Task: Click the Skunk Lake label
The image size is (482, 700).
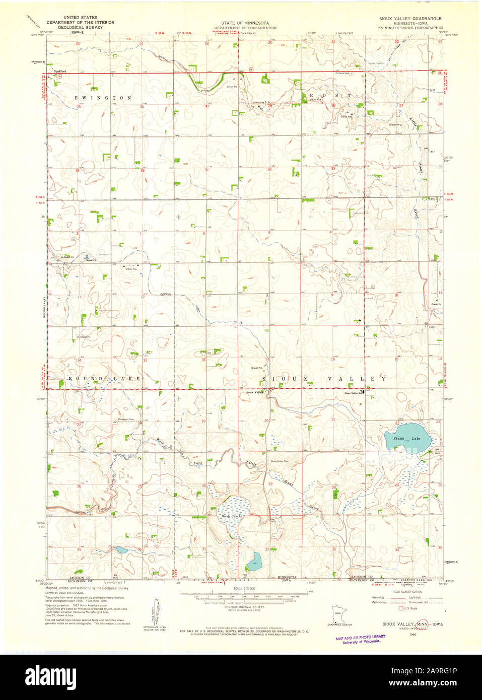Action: pyautogui.click(x=406, y=439)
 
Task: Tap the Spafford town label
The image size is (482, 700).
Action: pyautogui.click(x=60, y=72)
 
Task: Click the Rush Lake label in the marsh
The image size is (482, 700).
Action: pyautogui.click(x=231, y=516)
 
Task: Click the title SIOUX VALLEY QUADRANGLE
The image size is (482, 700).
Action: pyautogui.click(x=410, y=18)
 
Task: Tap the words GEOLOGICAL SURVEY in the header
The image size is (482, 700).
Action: pyautogui.click(x=81, y=27)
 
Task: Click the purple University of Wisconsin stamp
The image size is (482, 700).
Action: pyautogui.click(x=360, y=639)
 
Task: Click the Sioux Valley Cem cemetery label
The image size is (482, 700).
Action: pyautogui.click(x=280, y=461)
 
